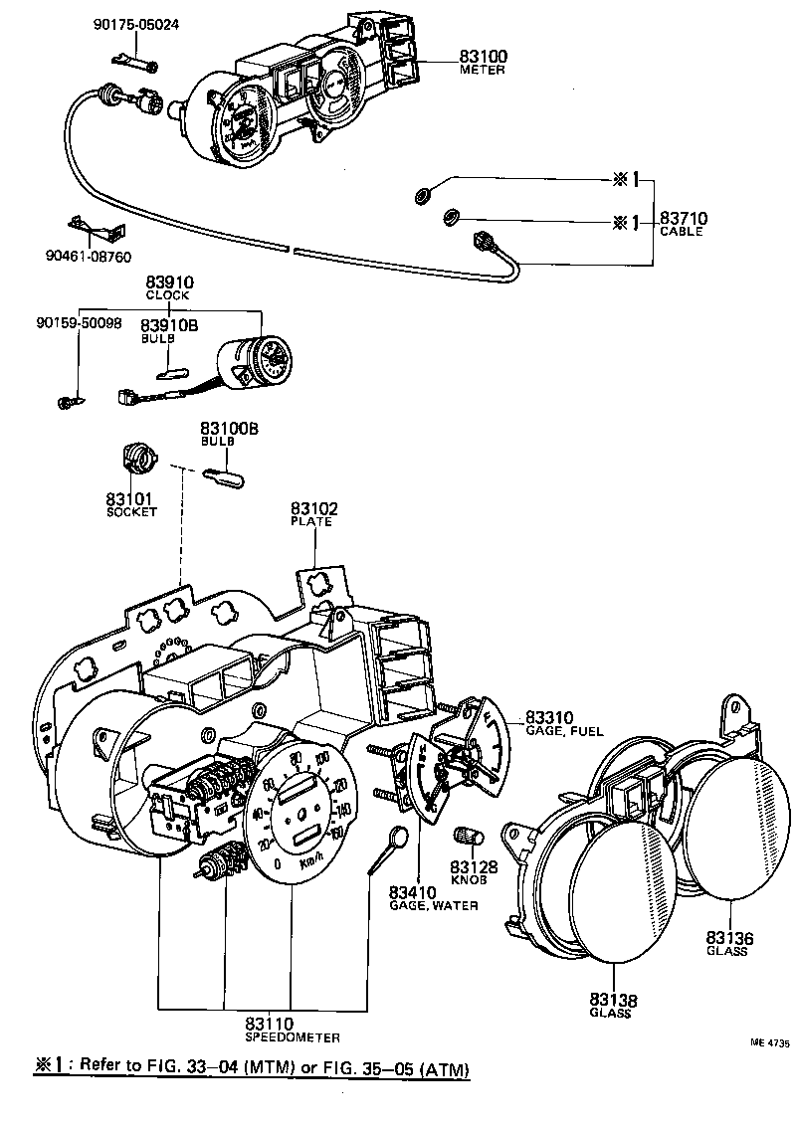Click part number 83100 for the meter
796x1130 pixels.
coord(483,56)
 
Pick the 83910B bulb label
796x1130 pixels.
coord(167,325)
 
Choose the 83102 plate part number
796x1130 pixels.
coord(314,508)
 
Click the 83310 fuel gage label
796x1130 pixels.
coord(549,717)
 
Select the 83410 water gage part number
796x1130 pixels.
coord(419,891)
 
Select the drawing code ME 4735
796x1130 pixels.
coord(769,1043)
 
